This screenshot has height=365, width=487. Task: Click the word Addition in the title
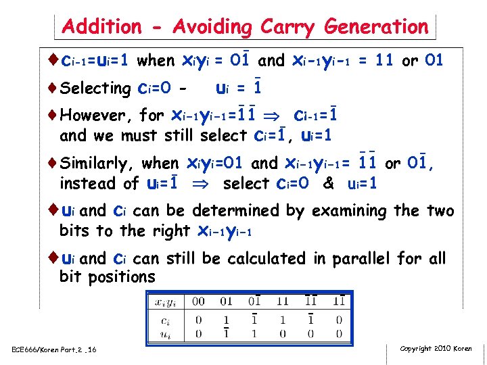(x=101, y=26)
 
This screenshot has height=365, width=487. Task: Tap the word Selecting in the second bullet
(x=95, y=89)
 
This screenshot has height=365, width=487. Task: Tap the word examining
(x=345, y=211)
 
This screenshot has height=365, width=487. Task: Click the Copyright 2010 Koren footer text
(x=436, y=348)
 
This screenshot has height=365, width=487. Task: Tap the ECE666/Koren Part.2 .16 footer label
(x=53, y=349)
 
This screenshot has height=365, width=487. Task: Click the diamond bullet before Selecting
(x=54, y=88)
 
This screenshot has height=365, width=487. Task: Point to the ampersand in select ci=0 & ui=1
(x=329, y=184)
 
